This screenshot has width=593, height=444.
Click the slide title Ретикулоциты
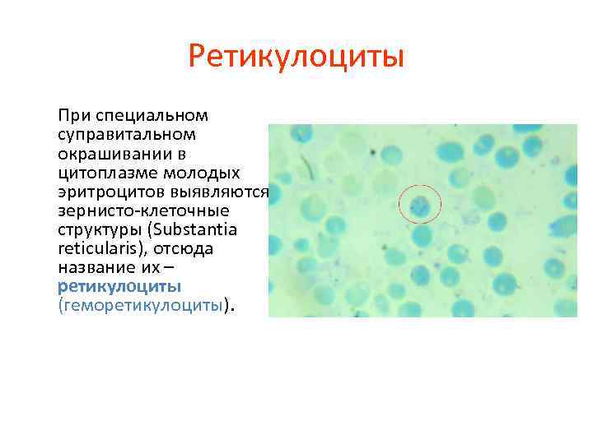(296, 58)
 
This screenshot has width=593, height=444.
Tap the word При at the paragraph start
(72, 114)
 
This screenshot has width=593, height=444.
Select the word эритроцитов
(108, 191)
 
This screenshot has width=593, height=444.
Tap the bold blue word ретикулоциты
(119, 286)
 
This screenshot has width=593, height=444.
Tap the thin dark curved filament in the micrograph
(307, 169)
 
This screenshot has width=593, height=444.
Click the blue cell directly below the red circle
(422, 237)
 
